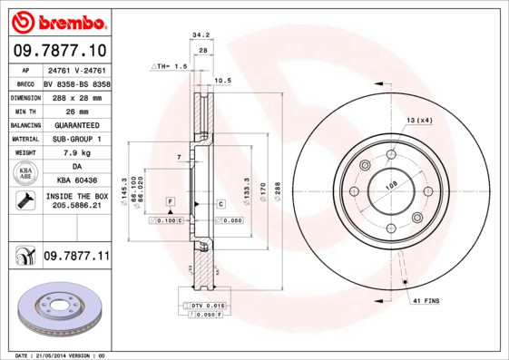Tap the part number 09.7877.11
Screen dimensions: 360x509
(x=76, y=257)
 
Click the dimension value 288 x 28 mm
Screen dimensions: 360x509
(x=76, y=96)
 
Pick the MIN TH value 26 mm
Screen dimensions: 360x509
(x=76, y=110)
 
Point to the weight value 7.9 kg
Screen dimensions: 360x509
(x=76, y=152)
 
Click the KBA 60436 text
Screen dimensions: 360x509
(x=76, y=180)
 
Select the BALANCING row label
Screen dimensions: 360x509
(x=24, y=124)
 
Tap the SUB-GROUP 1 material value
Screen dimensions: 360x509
(x=76, y=138)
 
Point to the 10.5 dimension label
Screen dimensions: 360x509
(x=222, y=81)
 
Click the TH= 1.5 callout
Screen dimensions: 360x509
(x=171, y=66)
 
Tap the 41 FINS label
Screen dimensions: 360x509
(x=426, y=299)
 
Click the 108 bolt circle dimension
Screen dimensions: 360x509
(x=392, y=186)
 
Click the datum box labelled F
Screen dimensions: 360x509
(x=170, y=199)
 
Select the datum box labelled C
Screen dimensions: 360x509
(x=220, y=204)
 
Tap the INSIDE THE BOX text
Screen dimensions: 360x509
(x=76, y=196)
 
